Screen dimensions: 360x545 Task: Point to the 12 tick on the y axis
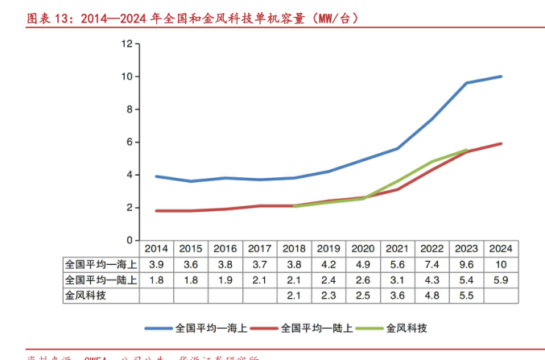[126, 43]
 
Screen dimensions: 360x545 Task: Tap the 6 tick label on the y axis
[128, 142]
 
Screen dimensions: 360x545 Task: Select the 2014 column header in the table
[156, 249]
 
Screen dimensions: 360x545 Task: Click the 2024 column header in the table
[500, 249]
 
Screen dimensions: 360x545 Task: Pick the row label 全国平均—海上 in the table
[101, 264]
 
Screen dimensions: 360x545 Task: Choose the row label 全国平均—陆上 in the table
[101, 279]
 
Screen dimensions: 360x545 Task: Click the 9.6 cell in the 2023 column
[466, 264]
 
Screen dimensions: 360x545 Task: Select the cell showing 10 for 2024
[500, 264]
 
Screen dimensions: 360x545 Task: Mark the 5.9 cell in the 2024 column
[500, 279]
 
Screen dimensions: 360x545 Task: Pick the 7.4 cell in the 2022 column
[431, 264]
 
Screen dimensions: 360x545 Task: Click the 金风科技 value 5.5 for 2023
[466, 295]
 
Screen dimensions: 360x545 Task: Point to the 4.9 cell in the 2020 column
[363, 264]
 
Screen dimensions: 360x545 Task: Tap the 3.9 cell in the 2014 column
[156, 264]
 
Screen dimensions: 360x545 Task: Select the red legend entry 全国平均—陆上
[310, 329]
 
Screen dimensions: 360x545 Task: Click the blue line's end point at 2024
[501, 77]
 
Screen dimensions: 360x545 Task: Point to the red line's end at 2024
[501, 143]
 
